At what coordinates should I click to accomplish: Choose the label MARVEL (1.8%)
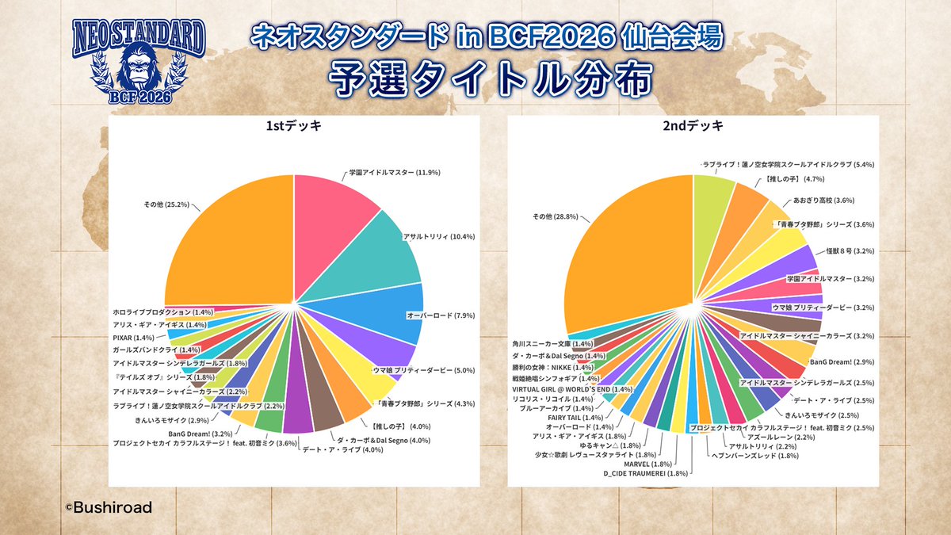tap(659, 464)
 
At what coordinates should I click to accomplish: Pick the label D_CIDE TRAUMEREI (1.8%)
tap(646, 474)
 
